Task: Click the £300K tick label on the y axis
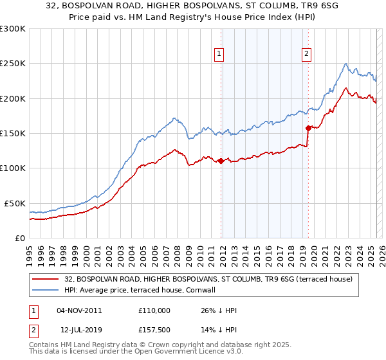pyautogui.click(x=12, y=29)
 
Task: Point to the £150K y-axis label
pyautogui.click(x=12, y=134)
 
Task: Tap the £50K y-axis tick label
pyautogui.click(x=15, y=203)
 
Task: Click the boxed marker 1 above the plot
pyautogui.click(x=220, y=54)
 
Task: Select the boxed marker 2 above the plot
pyautogui.click(x=307, y=54)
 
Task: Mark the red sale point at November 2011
pyautogui.click(x=221, y=161)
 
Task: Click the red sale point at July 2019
pyautogui.click(x=308, y=127)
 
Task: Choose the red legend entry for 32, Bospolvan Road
pyautogui.click(x=208, y=280)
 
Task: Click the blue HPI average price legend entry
pyautogui.click(x=140, y=290)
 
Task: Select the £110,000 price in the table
pyautogui.click(x=154, y=310)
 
